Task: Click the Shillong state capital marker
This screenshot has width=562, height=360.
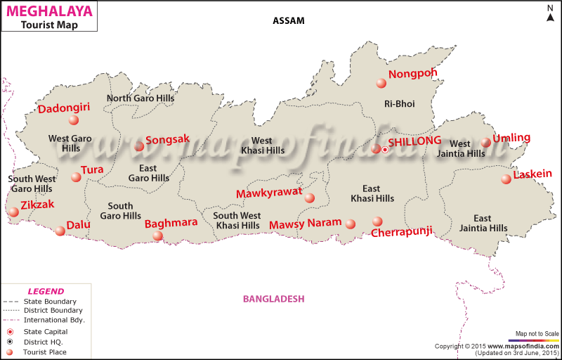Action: point(385,150)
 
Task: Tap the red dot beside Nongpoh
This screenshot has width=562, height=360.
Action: point(381,83)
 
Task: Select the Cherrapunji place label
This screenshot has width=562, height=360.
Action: point(401,232)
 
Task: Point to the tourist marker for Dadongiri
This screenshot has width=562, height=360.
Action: point(74,120)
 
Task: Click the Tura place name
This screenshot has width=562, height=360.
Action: point(92,169)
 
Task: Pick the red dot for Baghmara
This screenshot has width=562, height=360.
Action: point(157,236)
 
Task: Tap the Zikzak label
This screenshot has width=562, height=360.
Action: point(36,205)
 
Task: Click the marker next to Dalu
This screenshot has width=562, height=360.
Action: point(60,231)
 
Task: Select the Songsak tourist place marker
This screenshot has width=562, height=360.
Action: point(139,146)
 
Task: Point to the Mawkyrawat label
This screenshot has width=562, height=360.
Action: point(269,193)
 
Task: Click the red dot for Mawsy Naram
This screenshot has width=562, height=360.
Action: point(351,224)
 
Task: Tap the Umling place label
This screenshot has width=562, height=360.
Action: point(511,138)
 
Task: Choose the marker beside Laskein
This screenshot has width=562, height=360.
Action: point(506,179)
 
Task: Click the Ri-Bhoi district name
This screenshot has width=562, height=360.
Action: point(399,104)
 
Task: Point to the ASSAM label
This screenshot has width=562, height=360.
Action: point(289,20)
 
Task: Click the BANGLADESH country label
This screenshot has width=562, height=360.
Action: point(273,299)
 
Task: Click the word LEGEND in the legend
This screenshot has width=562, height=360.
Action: point(46,291)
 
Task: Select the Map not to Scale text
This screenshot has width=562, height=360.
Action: point(537,333)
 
